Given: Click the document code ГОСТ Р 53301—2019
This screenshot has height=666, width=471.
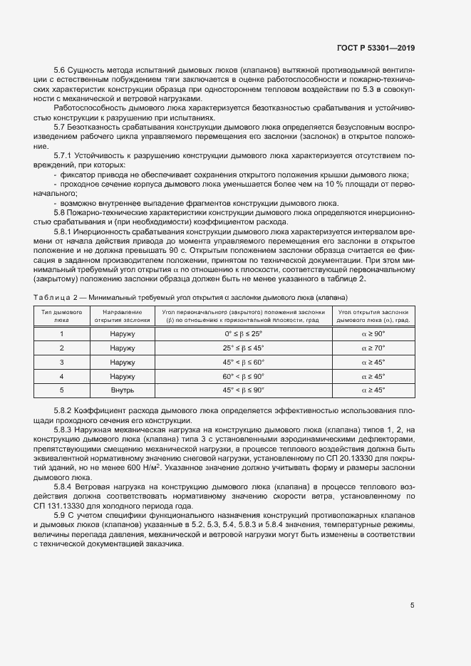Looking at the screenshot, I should pos(375,48).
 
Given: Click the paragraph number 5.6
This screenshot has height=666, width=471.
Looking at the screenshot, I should pos(60,70).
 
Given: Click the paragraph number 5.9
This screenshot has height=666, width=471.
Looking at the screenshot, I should pos(60,515).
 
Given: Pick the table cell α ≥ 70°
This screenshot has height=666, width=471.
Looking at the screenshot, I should pos(373,348).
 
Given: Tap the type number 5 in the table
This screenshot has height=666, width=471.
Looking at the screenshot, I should pos(61,390).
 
